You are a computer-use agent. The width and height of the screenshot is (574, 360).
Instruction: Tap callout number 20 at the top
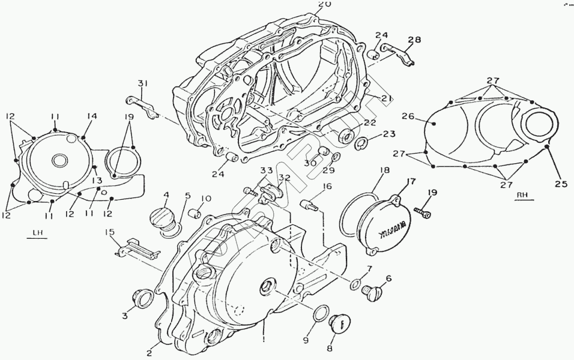click(x=325, y=5)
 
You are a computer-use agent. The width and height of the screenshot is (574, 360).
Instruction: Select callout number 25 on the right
click(x=560, y=184)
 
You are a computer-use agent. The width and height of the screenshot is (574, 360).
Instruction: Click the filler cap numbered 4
click(x=159, y=215)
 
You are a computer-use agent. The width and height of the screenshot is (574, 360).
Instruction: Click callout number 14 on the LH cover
click(x=91, y=117)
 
